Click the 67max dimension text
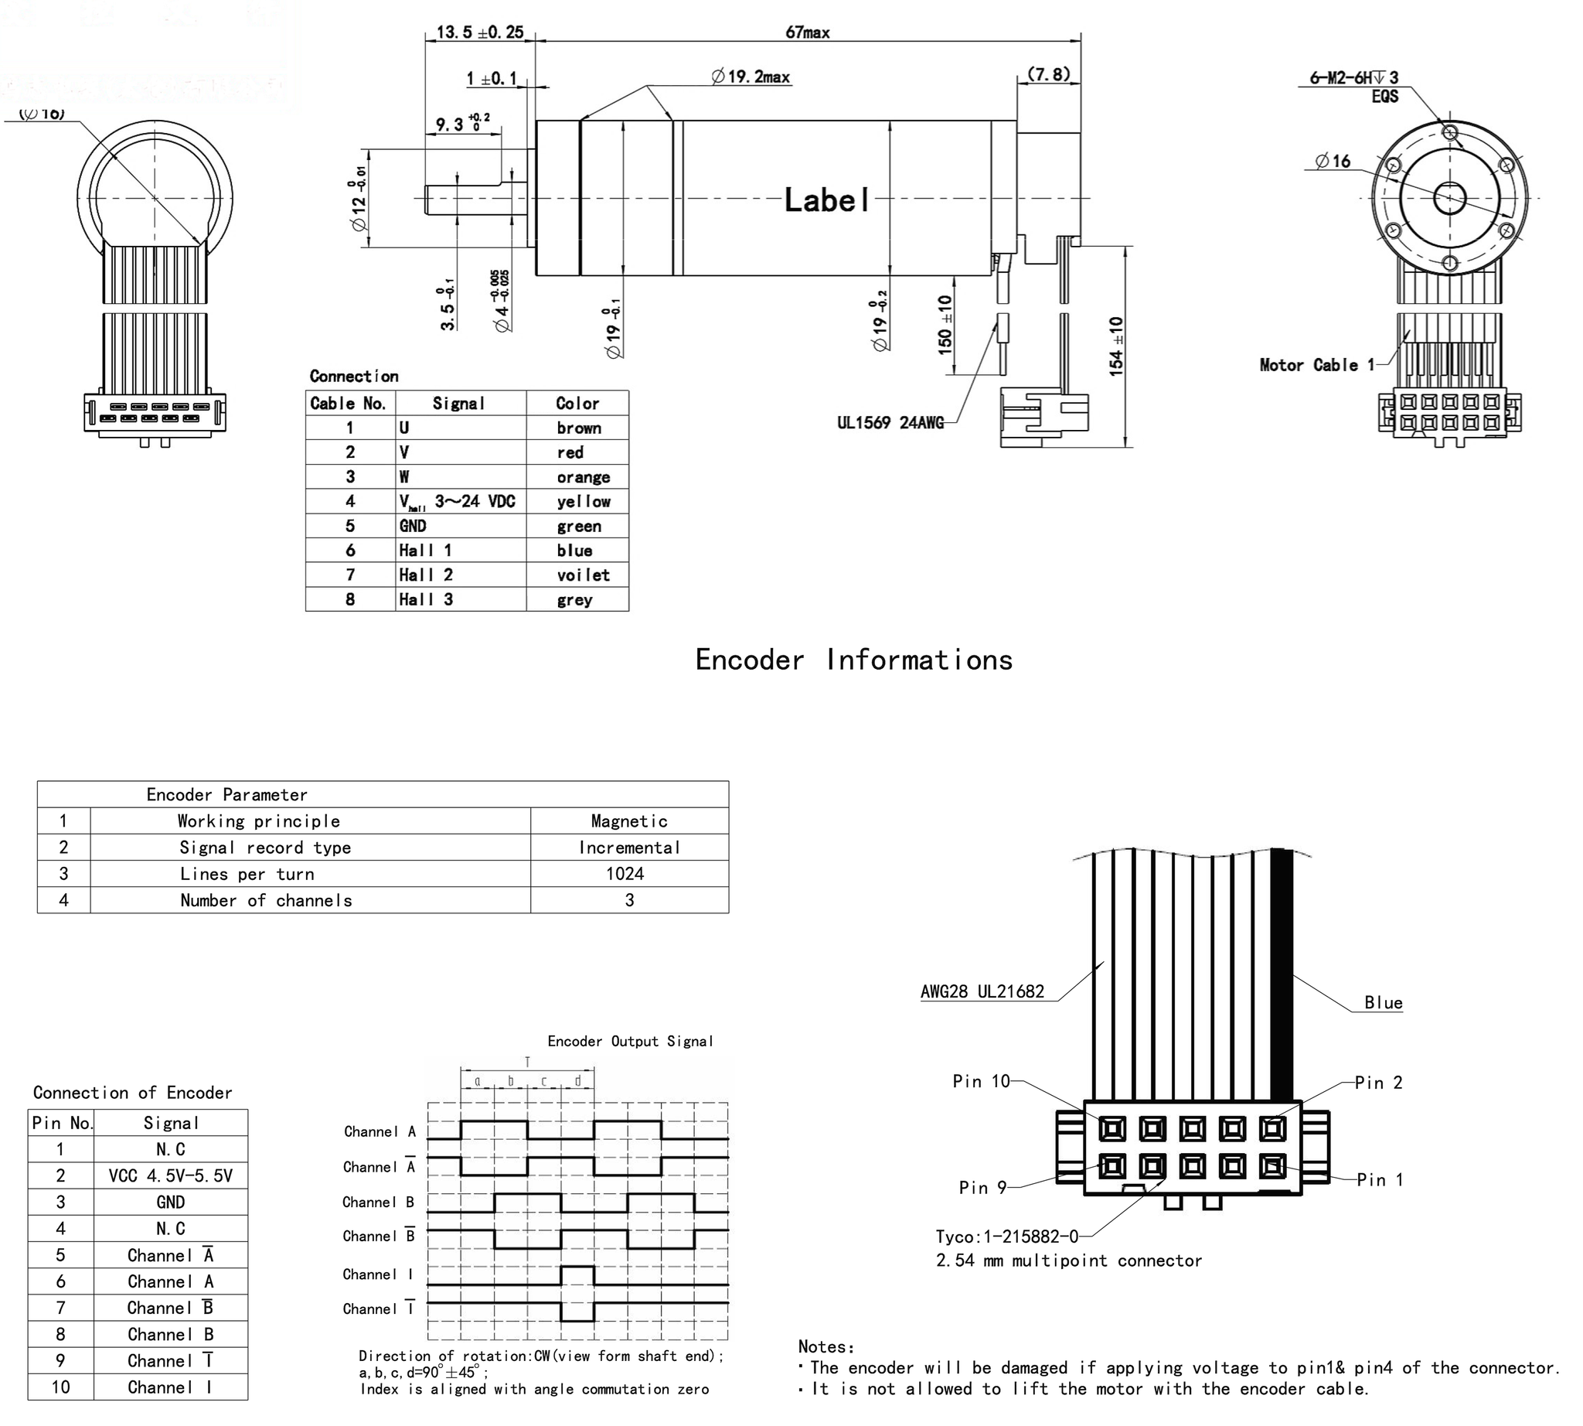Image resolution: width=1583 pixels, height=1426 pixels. click(x=807, y=32)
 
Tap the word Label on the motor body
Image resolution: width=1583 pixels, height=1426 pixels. click(x=826, y=200)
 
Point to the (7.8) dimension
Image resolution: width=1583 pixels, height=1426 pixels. click(x=1048, y=74)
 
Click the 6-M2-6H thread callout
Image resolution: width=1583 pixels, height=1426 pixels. click(x=1353, y=77)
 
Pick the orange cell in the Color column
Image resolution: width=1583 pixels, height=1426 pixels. click(x=583, y=477)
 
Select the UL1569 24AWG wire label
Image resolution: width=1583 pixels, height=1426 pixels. click(x=890, y=423)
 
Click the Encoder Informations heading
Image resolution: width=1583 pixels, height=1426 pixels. click(x=853, y=660)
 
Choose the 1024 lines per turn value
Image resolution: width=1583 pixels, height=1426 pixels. click(x=625, y=874)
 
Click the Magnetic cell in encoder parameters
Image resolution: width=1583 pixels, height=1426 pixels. click(x=628, y=821)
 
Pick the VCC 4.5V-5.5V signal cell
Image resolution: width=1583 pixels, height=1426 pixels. click(x=170, y=1175)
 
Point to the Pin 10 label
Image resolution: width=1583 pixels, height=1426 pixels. click(x=981, y=1081)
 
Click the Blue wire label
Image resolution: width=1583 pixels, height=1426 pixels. click(x=1383, y=1003)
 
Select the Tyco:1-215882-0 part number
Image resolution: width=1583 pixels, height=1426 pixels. click(x=1006, y=1237)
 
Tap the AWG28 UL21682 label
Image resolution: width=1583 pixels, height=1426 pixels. click(x=982, y=992)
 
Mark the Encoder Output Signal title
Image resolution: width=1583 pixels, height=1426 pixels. click(x=630, y=1042)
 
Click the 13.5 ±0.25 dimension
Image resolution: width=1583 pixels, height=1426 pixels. click(x=479, y=32)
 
